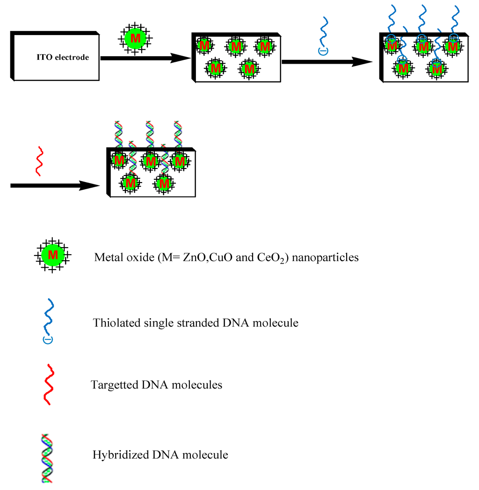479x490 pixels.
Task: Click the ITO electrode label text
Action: pos(63,58)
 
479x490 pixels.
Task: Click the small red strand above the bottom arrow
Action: pos(39,161)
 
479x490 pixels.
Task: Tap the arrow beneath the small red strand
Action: pos(54,186)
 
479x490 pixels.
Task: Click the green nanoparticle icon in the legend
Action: pos(53,256)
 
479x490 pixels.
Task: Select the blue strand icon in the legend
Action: pos(48,320)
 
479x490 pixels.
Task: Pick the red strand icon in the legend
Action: pos(48,384)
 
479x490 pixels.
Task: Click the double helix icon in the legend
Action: pos(47,458)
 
